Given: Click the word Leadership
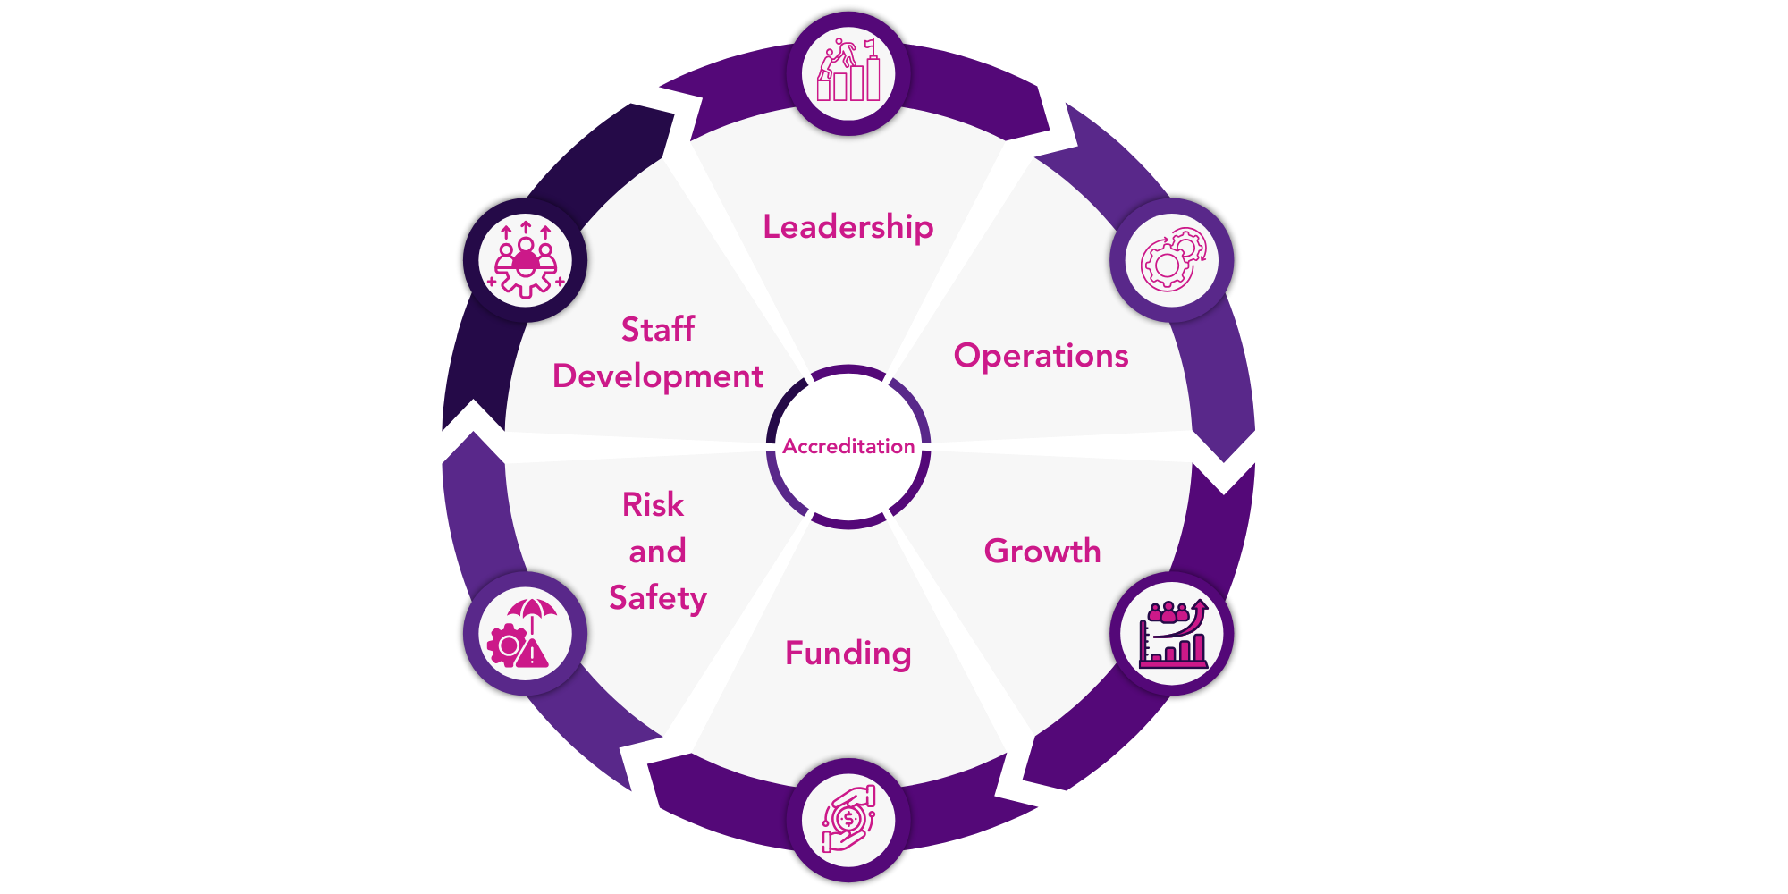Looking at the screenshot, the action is click(x=848, y=227).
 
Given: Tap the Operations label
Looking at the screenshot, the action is click(x=1041, y=356).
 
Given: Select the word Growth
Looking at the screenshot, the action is click(x=1042, y=551).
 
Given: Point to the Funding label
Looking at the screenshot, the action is click(x=848, y=654).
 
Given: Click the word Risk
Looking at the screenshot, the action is click(x=653, y=505).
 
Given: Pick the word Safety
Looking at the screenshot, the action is click(x=657, y=597).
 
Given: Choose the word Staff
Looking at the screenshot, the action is click(x=657, y=329).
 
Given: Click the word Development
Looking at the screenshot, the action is click(x=657, y=376).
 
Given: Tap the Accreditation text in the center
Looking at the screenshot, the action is click(x=848, y=446).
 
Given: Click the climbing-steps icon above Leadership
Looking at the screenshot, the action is click(x=848, y=71).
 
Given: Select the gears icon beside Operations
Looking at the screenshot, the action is click(x=1171, y=260).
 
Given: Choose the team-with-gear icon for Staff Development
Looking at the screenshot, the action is click(x=526, y=259).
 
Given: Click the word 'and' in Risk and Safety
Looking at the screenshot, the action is click(x=657, y=552).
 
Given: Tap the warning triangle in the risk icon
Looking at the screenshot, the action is click(x=534, y=653).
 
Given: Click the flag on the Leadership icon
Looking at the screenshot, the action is click(x=869, y=45).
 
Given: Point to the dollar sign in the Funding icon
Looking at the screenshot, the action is click(x=848, y=818).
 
